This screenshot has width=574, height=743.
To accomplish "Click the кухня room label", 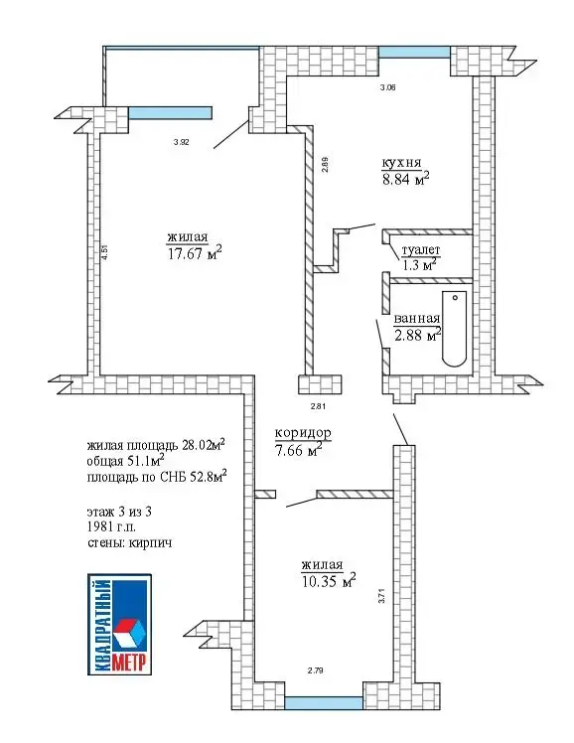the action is click(x=401, y=164).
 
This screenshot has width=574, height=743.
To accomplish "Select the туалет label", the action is click(x=421, y=250).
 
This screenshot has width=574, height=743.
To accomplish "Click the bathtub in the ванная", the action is click(x=454, y=329).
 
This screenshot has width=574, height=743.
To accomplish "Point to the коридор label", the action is click(x=303, y=433).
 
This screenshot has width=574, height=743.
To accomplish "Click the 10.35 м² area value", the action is click(x=329, y=580).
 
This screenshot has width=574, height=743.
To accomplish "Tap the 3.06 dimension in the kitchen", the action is click(x=388, y=87).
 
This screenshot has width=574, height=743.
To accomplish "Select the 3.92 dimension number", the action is click(x=182, y=142).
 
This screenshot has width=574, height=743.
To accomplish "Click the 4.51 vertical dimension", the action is click(x=105, y=251).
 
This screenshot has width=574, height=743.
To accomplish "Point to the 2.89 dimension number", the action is click(x=325, y=164).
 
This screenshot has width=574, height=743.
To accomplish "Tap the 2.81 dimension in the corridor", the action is click(x=318, y=406).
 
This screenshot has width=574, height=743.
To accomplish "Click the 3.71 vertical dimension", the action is click(x=381, y=595).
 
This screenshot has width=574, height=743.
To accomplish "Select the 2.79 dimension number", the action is click(x=316, y=670).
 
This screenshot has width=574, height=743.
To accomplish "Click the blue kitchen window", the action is click(x=414, y=52).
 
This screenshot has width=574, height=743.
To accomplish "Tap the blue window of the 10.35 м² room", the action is click(x=324, y=703).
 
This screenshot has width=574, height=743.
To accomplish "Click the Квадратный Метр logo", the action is click(x=120, y=624).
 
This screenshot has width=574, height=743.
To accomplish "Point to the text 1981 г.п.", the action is click(x=111, y=526).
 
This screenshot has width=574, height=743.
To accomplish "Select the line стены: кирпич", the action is click(x=129, y=542).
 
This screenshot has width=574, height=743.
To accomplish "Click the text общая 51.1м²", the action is click(x=125, y=461).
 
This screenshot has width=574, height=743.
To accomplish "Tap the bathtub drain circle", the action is click(x=455, y=298).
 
